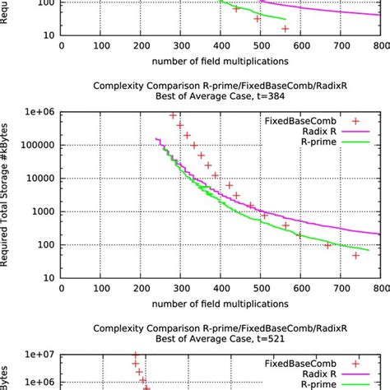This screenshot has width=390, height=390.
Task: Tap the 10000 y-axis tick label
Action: [x=39, y=179]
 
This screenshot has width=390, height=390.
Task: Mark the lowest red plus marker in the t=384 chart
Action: [x=355, y=256]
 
